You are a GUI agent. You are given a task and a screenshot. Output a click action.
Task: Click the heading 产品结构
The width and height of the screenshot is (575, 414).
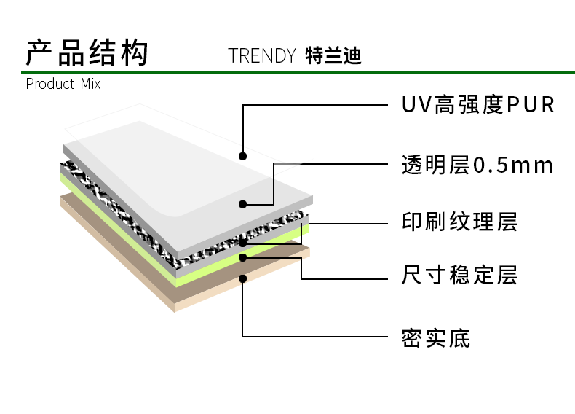tap(87, 54)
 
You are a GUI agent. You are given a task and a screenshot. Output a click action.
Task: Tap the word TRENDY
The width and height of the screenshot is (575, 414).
tap(261, 56)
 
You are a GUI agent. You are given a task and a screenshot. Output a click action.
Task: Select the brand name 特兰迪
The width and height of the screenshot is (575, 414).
tap(333, 56)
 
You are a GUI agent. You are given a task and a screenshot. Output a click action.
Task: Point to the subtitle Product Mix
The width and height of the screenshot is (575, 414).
tap(63, 84)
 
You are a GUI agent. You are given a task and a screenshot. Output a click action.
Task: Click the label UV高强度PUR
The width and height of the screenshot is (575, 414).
tap(478, 105)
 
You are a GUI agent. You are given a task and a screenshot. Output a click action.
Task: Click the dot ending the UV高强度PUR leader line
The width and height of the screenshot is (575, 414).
tap(242, 155)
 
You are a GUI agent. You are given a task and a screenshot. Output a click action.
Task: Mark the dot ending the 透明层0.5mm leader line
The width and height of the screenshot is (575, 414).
tap(242, 204)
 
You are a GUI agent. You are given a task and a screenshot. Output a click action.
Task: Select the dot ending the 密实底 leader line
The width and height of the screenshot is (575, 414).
tap(242, 278)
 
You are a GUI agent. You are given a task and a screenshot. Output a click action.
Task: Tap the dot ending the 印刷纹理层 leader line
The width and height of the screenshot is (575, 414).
tap(242, 242)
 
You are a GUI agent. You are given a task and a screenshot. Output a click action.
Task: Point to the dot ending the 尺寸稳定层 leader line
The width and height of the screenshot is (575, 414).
tap(242, 257)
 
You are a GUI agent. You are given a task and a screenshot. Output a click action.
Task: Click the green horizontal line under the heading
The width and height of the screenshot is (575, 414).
tap(291, 72)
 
